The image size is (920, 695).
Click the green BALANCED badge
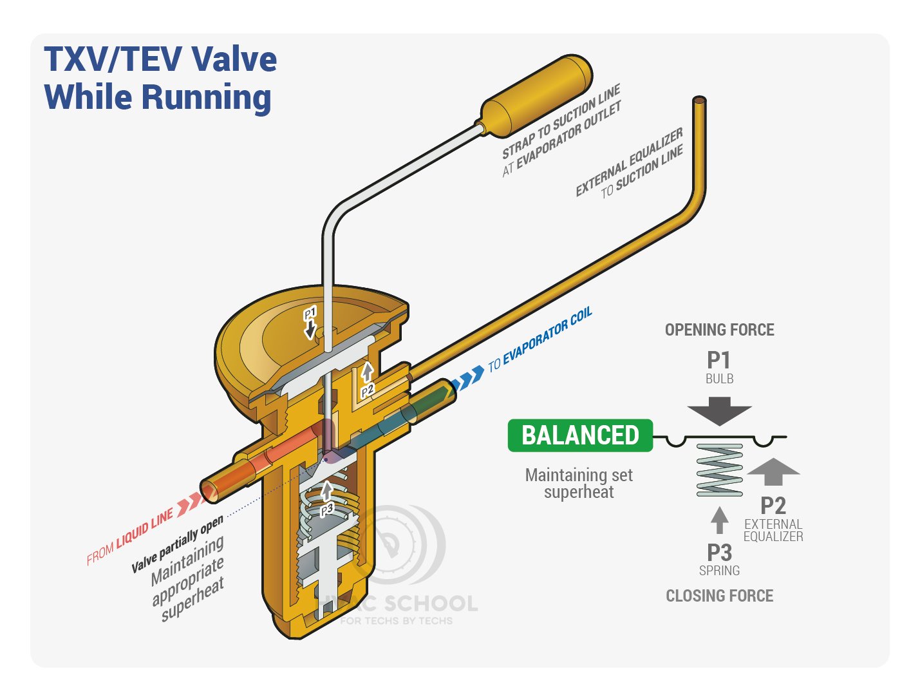click(x=580, y=435)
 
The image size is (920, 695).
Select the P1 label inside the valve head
click(x=310, y=313)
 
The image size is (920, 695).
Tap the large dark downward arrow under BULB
click(x=719, y=411)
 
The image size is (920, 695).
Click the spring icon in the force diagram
click(x=719, y=470)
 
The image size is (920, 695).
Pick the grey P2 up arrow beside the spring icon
click(x=773, y=471)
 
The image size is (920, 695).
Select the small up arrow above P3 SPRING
click(x=719, y=520)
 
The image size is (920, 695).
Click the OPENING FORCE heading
click(x=719, y=330)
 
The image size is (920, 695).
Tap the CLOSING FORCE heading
click(x=719, y=596)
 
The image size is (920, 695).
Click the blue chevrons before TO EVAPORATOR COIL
click(x=467, y=379)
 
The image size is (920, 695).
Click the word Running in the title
click(x=207, y=97)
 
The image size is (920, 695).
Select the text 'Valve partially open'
click(x=177, y=544)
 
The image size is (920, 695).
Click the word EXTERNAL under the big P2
click(x=773, y=524)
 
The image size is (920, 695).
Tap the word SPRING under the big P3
click(x=719, y=571)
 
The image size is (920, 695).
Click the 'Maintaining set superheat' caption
click(x=579, y=483)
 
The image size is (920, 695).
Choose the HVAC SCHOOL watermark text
click(x=397, y=604)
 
